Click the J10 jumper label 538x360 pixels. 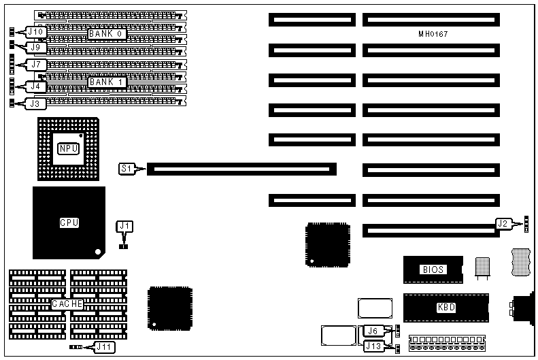[x=36, y=31]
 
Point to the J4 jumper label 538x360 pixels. [x=36, y=86]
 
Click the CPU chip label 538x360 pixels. [x=69, y=222]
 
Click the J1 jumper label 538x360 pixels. [x=124, y=226]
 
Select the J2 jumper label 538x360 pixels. [x=503, y=223]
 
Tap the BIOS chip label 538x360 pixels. [x=433, y=269]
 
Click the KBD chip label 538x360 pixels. [x=445, y=308]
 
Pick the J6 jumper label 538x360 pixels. [x=372, y=331]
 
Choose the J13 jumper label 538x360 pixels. [x=373, y=346]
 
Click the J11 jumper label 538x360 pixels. [x=103, y=347]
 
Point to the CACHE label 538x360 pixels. [x=67, y=304]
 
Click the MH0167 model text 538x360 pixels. [x=433, y=33]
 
